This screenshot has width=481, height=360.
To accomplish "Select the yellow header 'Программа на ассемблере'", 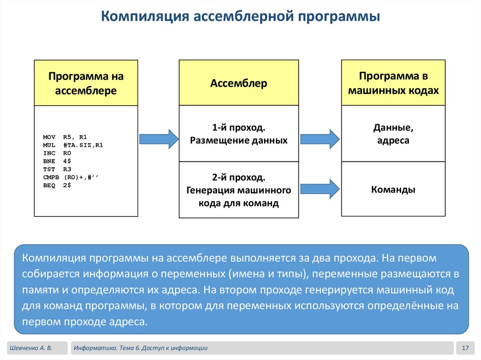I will tap(86, 83).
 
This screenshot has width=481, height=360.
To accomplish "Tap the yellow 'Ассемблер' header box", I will tap(239, 83).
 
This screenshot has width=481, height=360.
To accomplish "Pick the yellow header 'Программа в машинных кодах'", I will tap(393, 83).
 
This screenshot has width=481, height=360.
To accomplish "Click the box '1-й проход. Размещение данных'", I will tap(239, 134).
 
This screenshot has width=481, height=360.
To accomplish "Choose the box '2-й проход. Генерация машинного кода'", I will tap(239, 190).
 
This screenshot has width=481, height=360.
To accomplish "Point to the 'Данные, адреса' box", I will tap(393, 134).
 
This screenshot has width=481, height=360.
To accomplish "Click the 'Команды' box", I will tap(393, 190).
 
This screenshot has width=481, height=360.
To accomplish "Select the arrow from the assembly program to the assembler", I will tap(159, 139).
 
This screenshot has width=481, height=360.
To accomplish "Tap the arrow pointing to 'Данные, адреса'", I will tap(319, 139).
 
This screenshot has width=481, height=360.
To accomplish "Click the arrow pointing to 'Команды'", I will tap(319, 188).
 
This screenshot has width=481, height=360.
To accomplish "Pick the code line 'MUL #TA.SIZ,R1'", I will tap(73, 145).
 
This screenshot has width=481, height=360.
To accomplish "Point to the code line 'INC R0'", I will tap(57, 153).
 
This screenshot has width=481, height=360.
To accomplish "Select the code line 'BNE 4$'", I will tap(57, 161).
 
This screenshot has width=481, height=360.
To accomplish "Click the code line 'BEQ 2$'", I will tap(57, 185).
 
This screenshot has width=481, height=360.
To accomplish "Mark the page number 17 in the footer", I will tap(465, 348).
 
